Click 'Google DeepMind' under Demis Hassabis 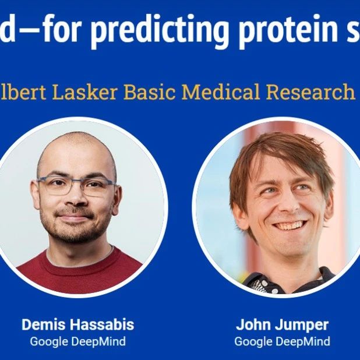pyautogui.click(x=77, y=341)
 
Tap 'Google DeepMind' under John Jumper pyautogui.click(x=282, y=341)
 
